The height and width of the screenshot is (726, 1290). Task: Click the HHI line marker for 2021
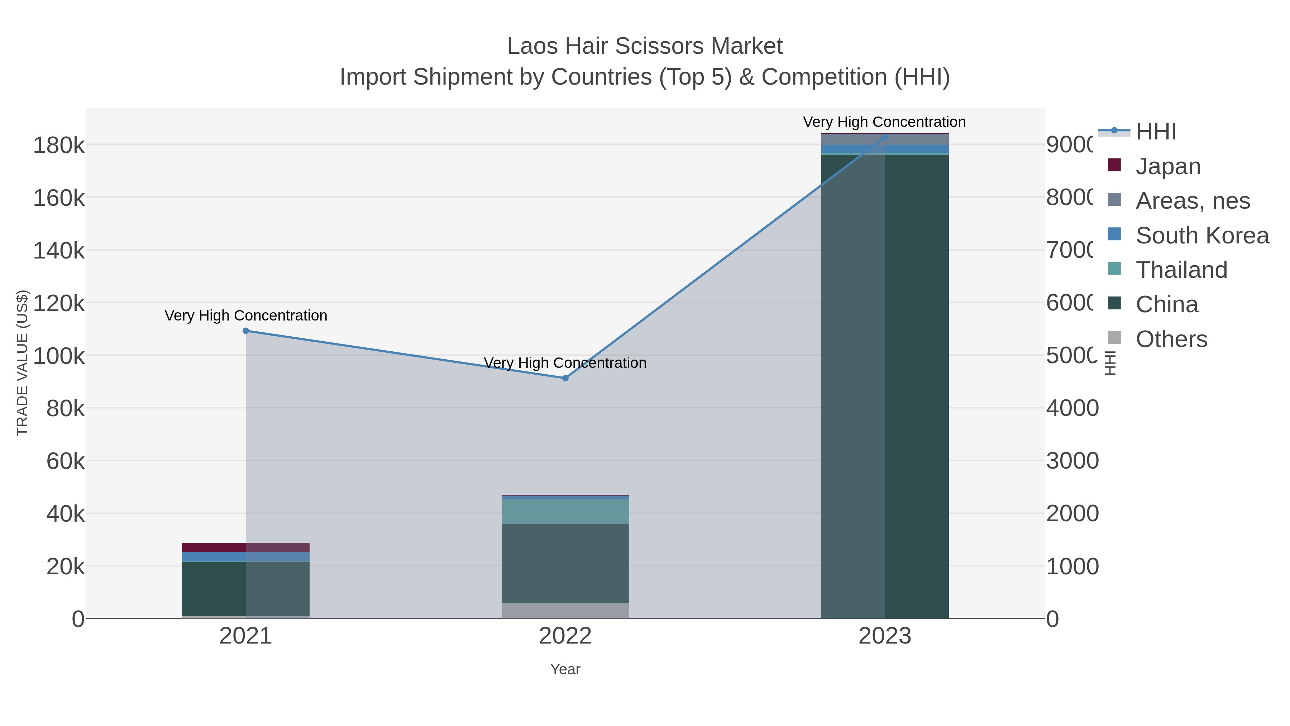click(246, 331)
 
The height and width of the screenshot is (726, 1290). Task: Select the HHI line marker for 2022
click(565, 378)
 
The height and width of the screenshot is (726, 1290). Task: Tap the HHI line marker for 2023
click(885, 137)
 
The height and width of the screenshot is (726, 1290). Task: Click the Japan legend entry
click(1168, 166)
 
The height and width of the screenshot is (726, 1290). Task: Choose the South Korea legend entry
click(1202, 236)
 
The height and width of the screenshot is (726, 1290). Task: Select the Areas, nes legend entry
click(1192, 201)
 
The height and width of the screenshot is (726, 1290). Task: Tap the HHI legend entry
click(1156, 132)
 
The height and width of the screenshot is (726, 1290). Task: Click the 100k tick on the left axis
click(59, 356)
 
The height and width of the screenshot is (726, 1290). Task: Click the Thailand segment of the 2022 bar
click(565, 512)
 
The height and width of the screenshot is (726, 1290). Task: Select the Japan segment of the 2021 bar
click(246, 547)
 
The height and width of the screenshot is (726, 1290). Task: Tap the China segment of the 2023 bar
click(885, 386)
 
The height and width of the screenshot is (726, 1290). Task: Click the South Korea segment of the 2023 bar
click(885, 149)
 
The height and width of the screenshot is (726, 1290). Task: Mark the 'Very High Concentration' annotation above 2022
click(565, 363)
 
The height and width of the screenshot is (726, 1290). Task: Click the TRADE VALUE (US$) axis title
click(23, 363)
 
